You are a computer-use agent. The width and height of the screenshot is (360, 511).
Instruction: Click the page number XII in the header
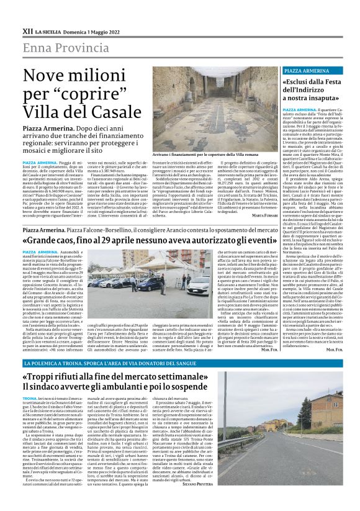[x=27, y=30]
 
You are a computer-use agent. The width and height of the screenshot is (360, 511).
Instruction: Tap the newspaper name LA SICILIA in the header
[x=47, y=30]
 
